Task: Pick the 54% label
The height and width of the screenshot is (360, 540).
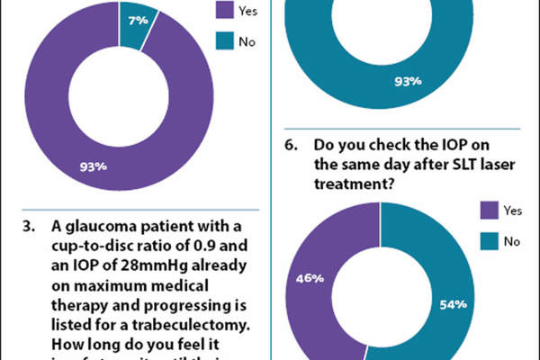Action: [453, 304]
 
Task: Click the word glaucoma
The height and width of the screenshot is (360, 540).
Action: [97, 225]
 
